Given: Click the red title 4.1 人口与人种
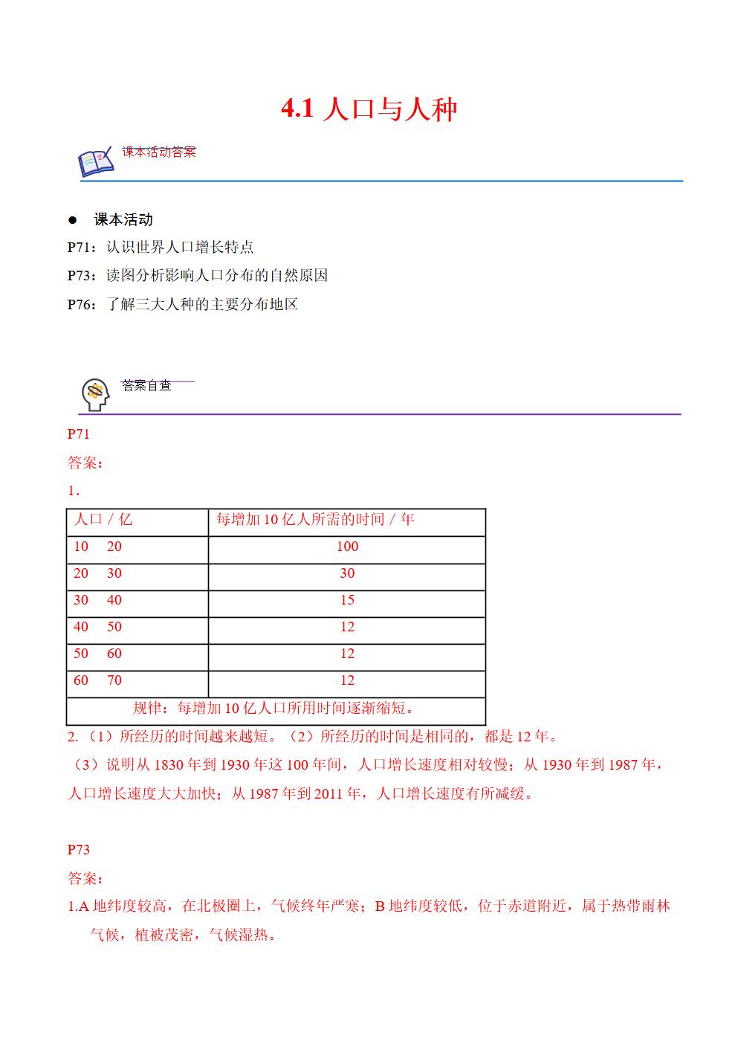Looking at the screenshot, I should [369, 110].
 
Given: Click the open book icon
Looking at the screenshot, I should [96, 162].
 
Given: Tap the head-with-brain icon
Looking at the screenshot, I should [94, 394].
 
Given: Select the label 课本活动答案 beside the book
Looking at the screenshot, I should [158, 152].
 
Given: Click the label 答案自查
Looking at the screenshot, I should [146, 385].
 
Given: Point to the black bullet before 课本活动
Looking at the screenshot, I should [73, 220].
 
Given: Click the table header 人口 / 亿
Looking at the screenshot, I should [103, 520].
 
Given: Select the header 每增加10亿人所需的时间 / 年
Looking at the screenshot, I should [315, 520].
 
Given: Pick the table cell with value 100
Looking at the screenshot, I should [347, 547].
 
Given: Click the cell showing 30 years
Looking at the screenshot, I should [347, 573].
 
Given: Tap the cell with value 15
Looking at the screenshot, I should [347, 600].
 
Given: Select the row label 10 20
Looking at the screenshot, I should [97, 547].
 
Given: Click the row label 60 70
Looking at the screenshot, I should [97, 680].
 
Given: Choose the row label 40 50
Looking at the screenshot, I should [97, 627].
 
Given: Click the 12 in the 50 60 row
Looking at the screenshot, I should [347, 654].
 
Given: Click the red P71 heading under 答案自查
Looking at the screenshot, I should [78, 434].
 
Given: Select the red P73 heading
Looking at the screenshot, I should [78, 849].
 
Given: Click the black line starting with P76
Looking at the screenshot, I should [182, 304].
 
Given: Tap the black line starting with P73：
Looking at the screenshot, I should [197, 276].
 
